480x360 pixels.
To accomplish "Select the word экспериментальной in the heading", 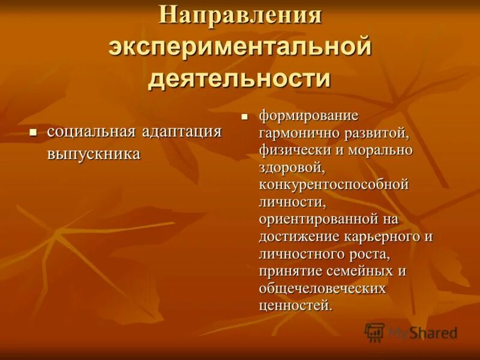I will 240,47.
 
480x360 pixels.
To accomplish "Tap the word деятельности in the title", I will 240,79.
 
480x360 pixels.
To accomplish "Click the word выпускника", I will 94,154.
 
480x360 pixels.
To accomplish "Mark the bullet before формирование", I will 244,116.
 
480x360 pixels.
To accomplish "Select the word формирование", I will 308,115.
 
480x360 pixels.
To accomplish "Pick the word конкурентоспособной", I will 334,184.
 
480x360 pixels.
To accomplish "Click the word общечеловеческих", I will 322,289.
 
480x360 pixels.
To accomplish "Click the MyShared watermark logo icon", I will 375,332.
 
